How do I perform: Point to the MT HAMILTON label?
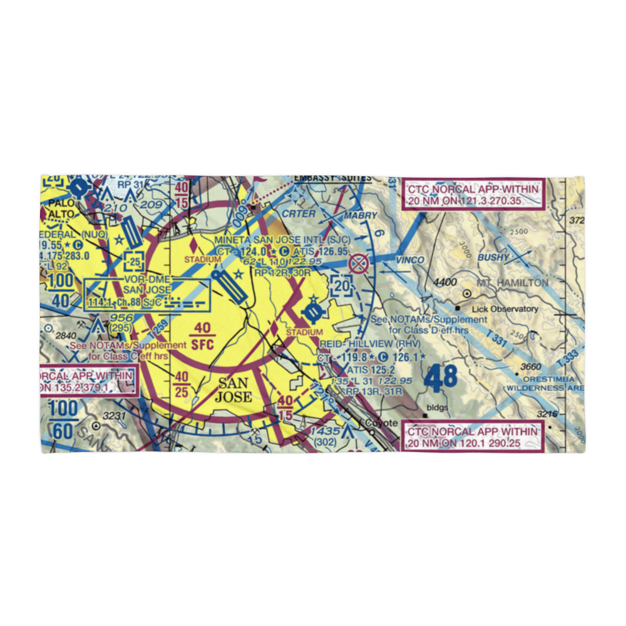[x=513, y=282]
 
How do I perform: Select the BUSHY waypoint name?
[x=494, y=257]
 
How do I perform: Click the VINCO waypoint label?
[x=409, y=259]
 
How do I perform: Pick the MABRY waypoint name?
[x=360, y=216]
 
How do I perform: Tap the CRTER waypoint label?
[x=299, y=213]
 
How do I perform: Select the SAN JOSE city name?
[x=233, y=389]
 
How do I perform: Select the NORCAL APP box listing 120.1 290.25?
[x=473, y=437]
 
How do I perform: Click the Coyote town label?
[x=381, y=423]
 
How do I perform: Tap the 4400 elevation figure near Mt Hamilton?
[x=444, y=282]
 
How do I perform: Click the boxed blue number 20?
[x=342, y=285]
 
